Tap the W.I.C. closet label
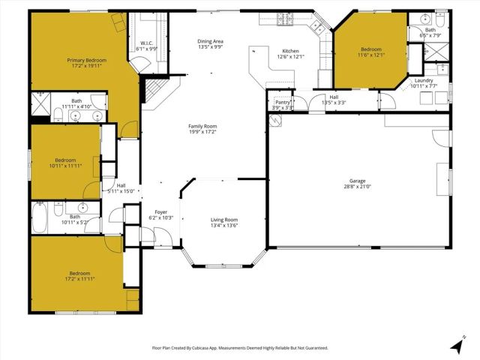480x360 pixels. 146,43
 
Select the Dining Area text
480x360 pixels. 211,41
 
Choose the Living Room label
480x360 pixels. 224,219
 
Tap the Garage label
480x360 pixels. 358,181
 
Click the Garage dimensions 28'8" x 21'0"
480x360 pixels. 358,187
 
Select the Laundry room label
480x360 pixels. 424,80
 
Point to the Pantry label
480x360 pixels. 283,102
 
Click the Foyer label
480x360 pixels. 160,212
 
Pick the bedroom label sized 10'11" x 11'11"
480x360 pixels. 65,160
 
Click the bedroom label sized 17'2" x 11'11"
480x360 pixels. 80,273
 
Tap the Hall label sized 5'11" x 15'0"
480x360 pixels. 121,185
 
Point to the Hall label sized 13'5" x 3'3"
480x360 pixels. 334,97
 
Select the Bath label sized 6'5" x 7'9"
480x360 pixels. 430,30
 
